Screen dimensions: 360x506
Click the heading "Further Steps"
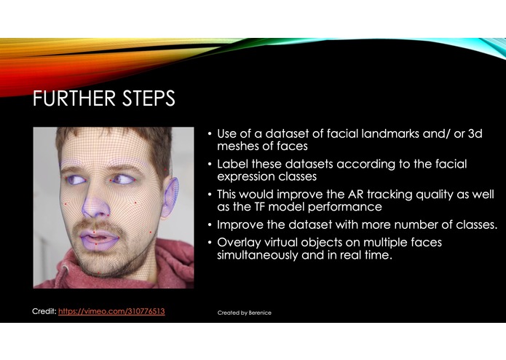pos(104,98)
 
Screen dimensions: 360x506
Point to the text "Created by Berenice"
pos(245,313)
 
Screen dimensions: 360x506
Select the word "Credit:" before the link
pos(45,311)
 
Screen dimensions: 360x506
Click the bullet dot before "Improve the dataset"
pos(210,224)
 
